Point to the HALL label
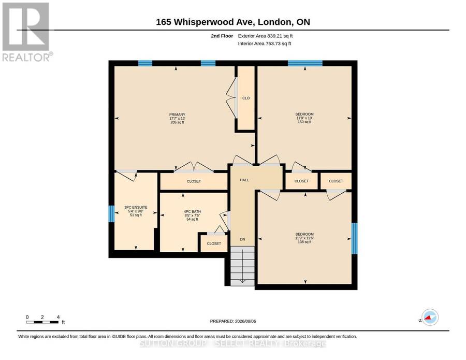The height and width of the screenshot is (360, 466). point(244,180)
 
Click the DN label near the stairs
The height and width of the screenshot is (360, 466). point(242,239)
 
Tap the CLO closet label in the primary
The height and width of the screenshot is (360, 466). point(246,98)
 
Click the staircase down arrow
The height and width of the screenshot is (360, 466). point(242,266)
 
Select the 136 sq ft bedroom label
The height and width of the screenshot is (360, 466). point(304,238)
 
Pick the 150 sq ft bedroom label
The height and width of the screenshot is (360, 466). point(304,118)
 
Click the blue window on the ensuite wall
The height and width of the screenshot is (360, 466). point(111,214)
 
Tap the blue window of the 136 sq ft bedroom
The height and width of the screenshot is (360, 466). point(354,238)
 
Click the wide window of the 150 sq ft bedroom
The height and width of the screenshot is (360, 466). point(305,63)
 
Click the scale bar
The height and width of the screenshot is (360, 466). point(42,322)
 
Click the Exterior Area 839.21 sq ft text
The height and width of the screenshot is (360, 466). point(266,36)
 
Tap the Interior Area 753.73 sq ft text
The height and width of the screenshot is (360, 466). point(265,44)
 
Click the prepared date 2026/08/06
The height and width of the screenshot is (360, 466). point(245,321)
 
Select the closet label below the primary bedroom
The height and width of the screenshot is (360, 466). point(194,181)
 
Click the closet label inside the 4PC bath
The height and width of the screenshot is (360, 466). point(214,243)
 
